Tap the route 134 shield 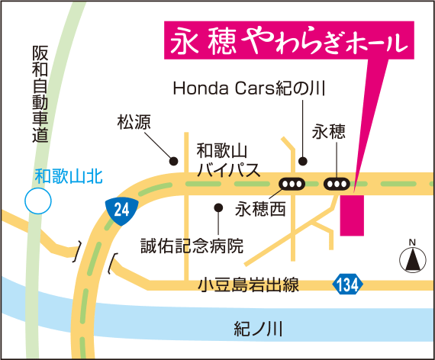coord(346,285)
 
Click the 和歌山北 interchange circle coord(37,202)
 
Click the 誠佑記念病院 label coord(192,246)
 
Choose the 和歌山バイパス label coord(228,159)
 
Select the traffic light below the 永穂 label coord(337,183)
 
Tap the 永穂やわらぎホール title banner coord(286,43)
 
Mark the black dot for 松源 coord(174,161)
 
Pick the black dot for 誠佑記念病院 coord(218,207)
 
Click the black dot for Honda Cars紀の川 coord(303,161)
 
